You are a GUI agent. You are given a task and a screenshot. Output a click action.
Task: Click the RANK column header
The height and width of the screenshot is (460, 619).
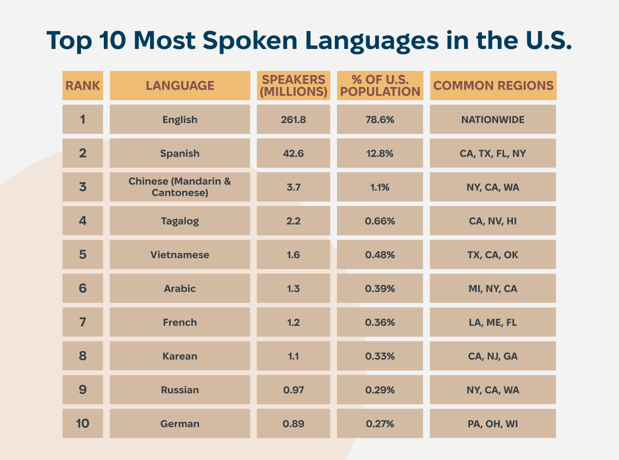[83, 85]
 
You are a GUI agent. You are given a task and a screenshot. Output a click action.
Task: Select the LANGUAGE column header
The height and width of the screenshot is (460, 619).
[180, 85]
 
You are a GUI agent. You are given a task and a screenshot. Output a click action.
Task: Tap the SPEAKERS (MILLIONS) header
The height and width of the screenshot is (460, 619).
[293, 85]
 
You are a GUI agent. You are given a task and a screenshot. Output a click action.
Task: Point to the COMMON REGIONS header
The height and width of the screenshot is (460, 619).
[493, 85]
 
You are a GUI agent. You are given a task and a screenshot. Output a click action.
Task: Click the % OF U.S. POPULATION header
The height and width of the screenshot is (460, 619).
[380, 85]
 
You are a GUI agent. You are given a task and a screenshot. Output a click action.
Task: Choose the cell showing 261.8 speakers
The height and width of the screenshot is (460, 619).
[293, 120]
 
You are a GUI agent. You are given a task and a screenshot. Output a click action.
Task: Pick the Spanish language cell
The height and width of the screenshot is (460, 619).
[180, 153]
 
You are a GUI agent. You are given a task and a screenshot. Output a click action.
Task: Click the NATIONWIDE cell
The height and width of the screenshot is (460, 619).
[493, 120]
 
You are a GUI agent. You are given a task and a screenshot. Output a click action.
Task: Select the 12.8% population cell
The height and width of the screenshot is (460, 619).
[380, 153]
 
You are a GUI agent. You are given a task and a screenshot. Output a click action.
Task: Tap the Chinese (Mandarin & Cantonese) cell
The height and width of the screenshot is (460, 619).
[180, 187]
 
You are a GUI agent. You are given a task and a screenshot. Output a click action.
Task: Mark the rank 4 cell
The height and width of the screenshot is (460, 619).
[83, 221]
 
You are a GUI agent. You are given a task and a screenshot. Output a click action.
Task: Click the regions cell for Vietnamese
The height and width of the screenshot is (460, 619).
[493, 254]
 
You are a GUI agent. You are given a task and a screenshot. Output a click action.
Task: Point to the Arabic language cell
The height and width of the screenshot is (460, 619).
[180, 288]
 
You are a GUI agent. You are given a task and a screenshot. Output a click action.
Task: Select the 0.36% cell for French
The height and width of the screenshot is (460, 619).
[380, 322]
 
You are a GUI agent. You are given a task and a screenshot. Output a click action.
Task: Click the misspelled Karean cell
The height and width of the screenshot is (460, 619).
[180, 356]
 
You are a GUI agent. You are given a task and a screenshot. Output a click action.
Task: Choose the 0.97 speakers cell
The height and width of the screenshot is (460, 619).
[293, 390]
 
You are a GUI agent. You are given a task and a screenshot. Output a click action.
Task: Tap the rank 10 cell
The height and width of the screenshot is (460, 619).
[83, 424]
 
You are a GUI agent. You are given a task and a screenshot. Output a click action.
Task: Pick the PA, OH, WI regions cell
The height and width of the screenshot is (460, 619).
[493, 424]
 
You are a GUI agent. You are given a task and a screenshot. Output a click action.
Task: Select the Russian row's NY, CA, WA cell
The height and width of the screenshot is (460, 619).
[493, 390]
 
